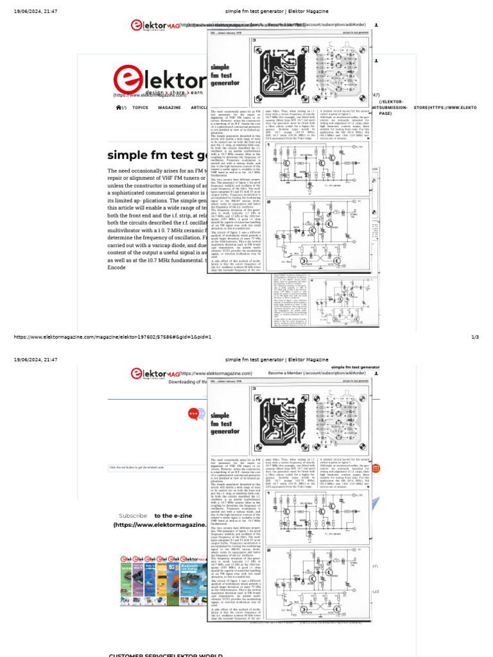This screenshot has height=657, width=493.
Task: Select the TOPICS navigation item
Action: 140,108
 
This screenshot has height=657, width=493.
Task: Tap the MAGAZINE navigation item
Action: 169,108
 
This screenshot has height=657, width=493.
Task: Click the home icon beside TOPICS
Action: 119,108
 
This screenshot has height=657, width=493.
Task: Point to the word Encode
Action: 117,267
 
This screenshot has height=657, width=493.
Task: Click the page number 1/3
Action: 475,337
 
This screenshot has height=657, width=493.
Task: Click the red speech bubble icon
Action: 195,414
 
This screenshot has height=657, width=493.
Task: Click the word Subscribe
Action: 133,515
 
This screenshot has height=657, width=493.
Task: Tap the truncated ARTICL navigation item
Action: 199,108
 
